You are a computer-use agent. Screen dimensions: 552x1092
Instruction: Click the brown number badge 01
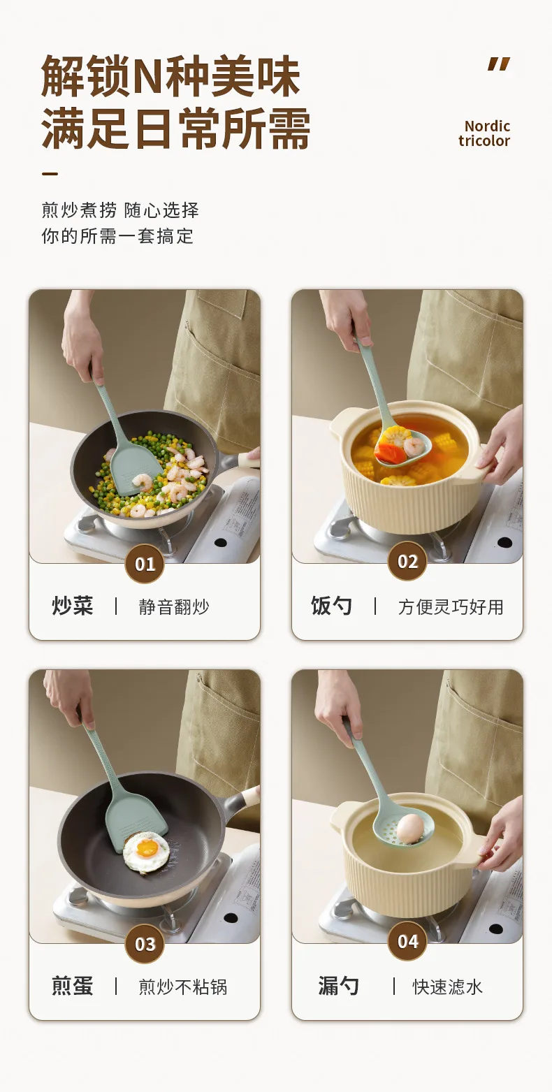coord(145,564)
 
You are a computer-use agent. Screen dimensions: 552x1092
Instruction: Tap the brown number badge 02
coord(407,561)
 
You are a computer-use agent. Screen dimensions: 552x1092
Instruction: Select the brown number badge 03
coord(145,944)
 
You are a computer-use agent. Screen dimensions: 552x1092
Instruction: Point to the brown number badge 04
coord(407,941)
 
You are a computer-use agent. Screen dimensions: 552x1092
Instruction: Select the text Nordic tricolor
coord(484,133)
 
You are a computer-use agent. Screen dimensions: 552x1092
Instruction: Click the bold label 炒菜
coord(72,606)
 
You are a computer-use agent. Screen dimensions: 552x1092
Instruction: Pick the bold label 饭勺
coord(332,606)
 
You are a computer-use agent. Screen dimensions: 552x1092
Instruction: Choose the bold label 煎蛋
coord(72,987)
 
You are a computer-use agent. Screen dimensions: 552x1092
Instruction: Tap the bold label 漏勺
coord(338,987)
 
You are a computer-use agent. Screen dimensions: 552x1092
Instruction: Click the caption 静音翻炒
coord(174,607)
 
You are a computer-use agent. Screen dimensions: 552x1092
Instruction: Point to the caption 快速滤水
coord(448,987)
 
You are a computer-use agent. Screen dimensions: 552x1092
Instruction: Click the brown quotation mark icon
coord(499,64)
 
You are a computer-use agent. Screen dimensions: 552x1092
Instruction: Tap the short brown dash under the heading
coord(50,173)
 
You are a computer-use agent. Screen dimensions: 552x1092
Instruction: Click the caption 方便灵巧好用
coord(451,607)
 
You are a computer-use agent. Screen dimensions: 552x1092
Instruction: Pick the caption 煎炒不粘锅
coord(183,987)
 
